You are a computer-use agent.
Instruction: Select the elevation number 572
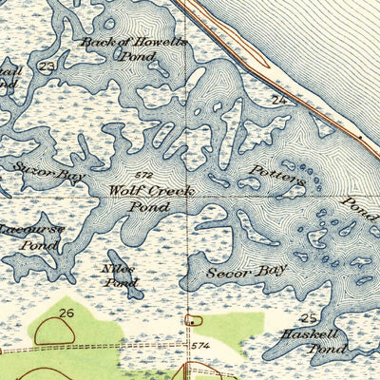click(143, 177)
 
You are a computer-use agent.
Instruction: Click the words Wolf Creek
click(150, 191)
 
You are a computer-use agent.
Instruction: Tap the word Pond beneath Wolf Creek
click(149, 206)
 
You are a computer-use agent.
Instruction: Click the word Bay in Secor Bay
click(273, 271)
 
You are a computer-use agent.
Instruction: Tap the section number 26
click(66, 313)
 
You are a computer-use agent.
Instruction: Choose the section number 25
click(307, 317)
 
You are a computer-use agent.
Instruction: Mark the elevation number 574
click(199, 346)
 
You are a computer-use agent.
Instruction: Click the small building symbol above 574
click(194, 320)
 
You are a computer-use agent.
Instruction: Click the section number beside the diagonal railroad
click(278, 98)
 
